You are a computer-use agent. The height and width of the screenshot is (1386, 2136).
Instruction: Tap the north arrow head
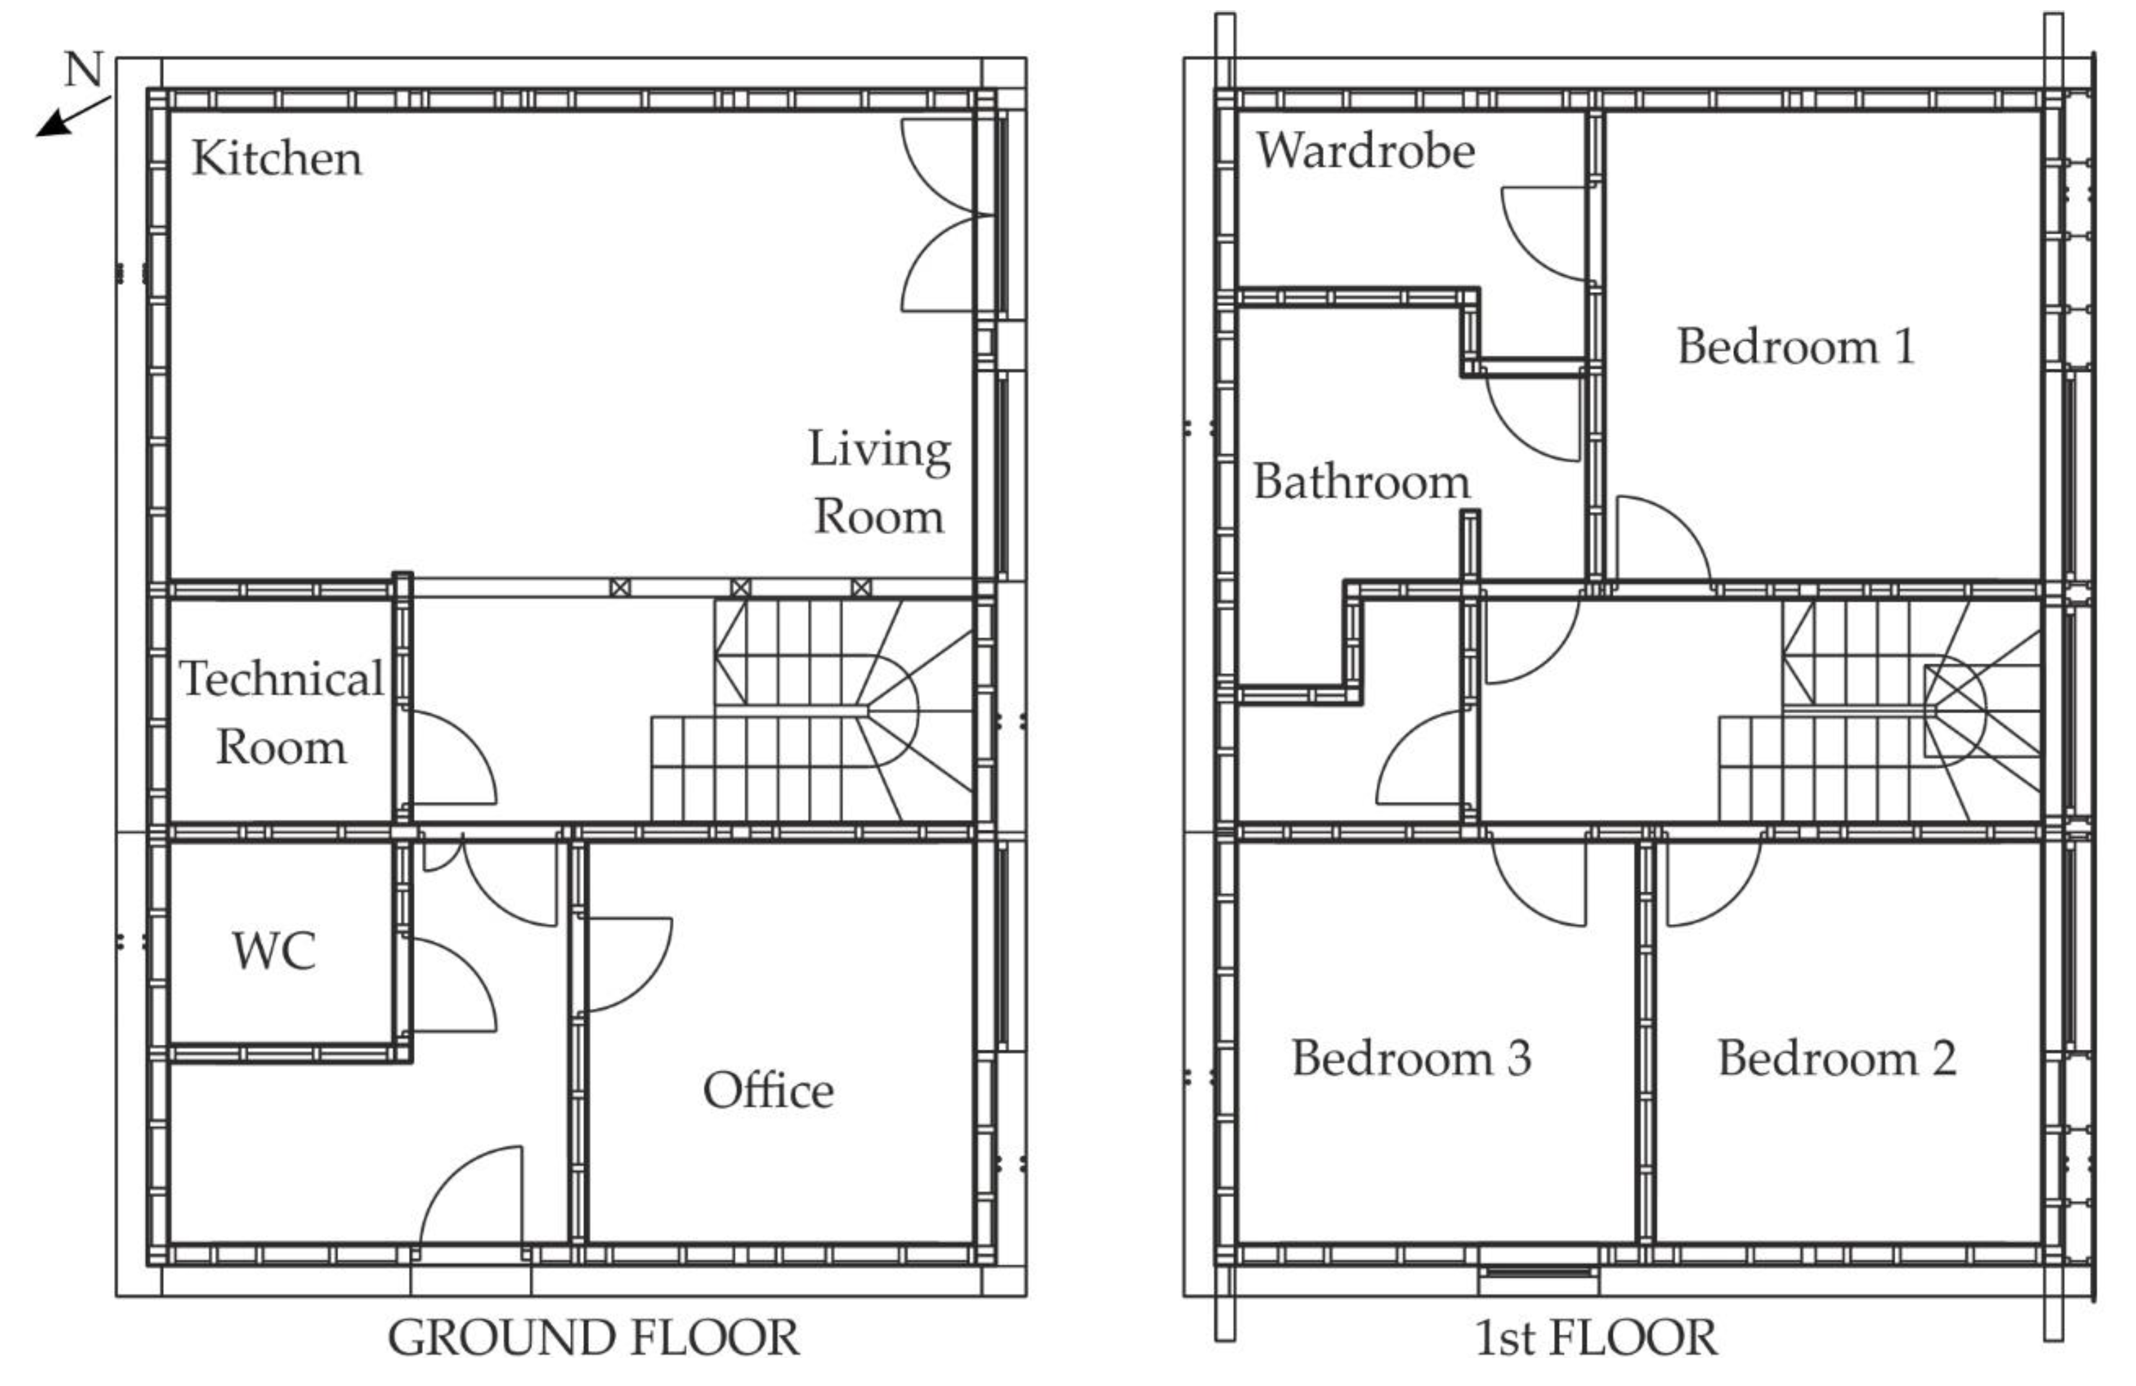[52, 124]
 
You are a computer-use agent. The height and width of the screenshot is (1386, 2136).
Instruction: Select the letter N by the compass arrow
[84, 69]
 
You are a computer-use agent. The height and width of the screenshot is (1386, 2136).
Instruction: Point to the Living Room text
[880, 482]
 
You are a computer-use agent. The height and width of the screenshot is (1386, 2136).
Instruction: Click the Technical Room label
[282, 713]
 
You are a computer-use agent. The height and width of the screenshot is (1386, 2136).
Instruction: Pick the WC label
[274, 951]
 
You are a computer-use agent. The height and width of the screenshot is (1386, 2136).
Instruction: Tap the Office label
[768, 1091]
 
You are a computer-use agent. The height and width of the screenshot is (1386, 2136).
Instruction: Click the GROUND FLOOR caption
[593, 1338]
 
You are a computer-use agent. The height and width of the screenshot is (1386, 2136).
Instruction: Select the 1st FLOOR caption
[1596, 1338]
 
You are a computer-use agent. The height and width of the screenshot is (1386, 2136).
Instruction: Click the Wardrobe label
[1365, 150]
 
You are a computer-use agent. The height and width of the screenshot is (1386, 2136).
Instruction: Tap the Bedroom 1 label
[1796, 346]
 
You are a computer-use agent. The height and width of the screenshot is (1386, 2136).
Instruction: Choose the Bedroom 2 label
[1837, 1058]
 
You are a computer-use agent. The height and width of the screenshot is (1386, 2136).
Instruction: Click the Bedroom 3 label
[1411, 1058]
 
